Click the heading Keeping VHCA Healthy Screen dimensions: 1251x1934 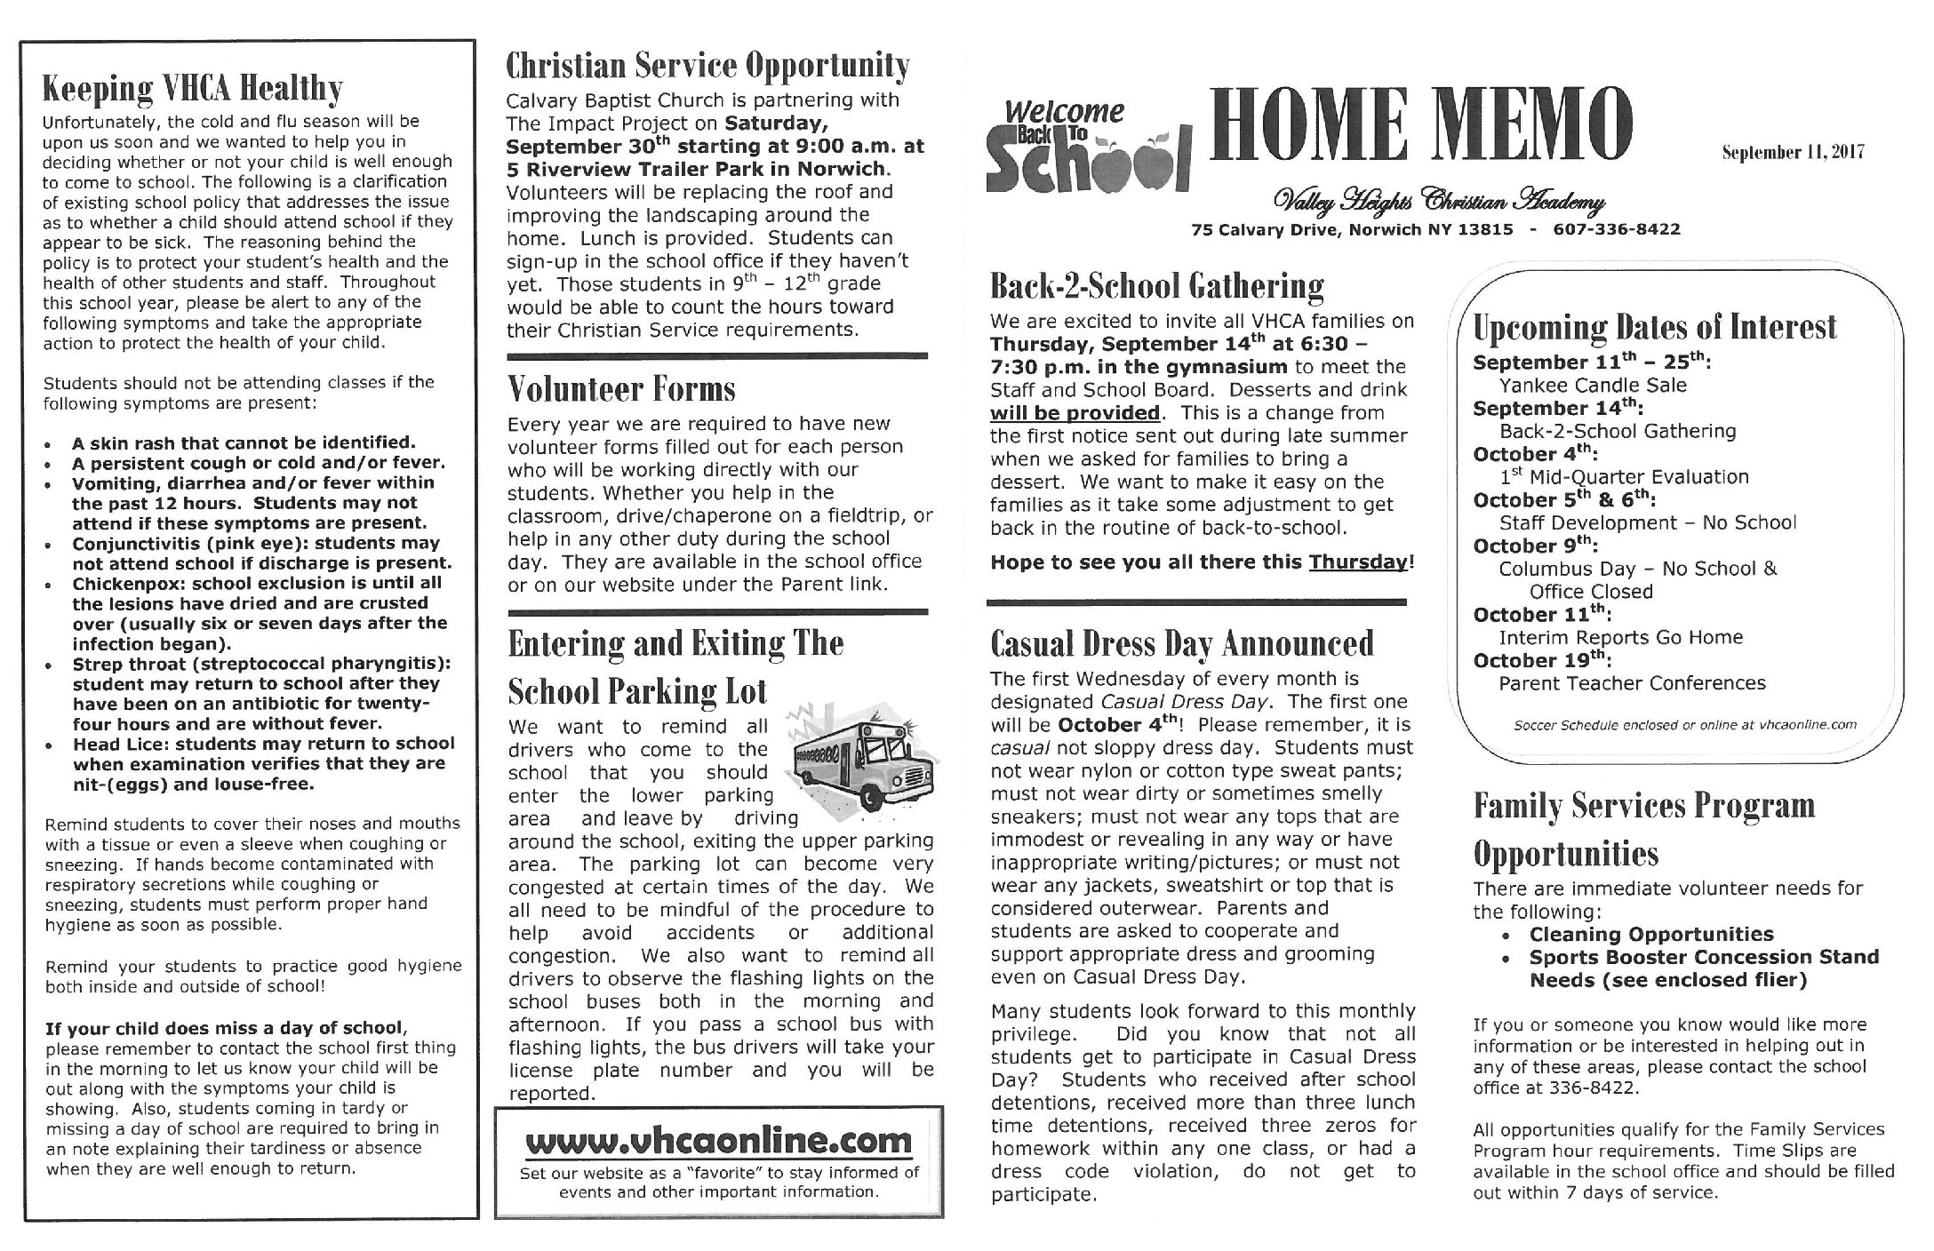pyautogui.click(x=192, y=89)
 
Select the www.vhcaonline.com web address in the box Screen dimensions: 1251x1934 pyautogui.click(x=718, y=1142)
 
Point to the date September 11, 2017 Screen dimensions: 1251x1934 pyautogui.click(x=1792, y=152)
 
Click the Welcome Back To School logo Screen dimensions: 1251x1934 pyautogui.click(x=1086, y=147)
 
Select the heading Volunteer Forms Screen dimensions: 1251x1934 pyautogui.click(x=621, y=389)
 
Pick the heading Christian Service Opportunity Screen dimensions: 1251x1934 pyautogui.click(x=707, y=66)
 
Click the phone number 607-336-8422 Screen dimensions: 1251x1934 pyautogui.click(x=1617, y=229)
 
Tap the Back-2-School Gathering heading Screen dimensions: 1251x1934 pyautogui.click(x=1156, y=286)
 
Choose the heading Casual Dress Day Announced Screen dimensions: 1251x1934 pyautogui.click(x=1182, y=643)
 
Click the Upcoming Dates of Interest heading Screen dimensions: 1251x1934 pyautogui.click(x=1654, y=327)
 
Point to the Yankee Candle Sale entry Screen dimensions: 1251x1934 pyautogui.click(x=1592, y=386)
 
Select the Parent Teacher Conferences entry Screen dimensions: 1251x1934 pyautogui.click(x=1632, y=683)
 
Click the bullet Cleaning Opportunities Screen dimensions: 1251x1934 pyautogui.click(x=1650, y=934)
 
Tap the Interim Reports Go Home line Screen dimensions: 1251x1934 pyautogui.click(x=1620, y=637)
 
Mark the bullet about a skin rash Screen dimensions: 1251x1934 pyautogui.click(x=244, y=442)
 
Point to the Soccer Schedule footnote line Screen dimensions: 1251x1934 pyautogui.click(x=1685, y=725)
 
